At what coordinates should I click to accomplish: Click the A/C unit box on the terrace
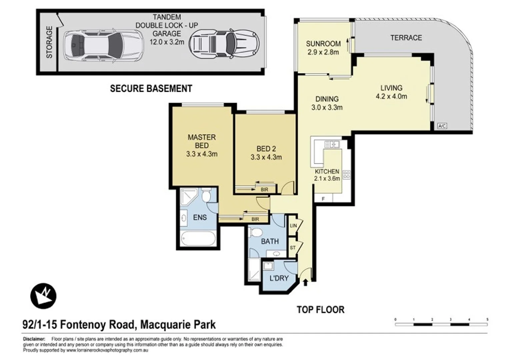tap(442, 126)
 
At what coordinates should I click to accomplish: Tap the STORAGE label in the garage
tap(49, 42)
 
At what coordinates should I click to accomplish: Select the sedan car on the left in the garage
tap(103, 45)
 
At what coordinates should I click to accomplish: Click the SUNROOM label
tap(323, 44)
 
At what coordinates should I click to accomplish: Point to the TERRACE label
tap(406, 38)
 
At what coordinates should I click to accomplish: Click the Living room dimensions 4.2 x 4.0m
tap(391, 97)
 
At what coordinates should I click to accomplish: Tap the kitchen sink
tap(332, 144)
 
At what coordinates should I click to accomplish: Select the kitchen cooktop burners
tap(347, 174)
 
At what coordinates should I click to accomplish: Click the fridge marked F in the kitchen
tap(323, 199)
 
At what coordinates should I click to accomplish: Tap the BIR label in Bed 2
tap(264, 190)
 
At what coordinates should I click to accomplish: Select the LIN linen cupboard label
tap(293, 226)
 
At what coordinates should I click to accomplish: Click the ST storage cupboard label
tap(293, 248)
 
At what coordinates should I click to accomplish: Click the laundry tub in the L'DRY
tap(268, 266)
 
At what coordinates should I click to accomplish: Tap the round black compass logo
tap(43, 296)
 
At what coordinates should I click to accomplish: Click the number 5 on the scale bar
tap(487, 319)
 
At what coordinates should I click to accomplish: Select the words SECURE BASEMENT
tap(151, 89)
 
